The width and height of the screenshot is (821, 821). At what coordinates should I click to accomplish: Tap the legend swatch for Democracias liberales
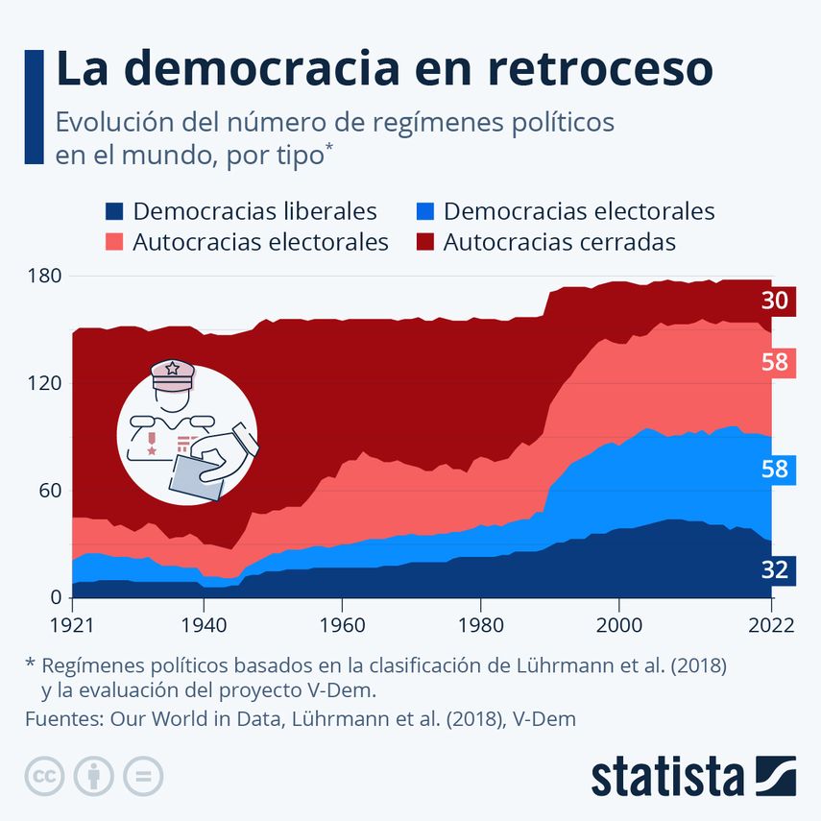point(114,211)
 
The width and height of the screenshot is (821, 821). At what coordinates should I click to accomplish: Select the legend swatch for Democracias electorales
point(424,211)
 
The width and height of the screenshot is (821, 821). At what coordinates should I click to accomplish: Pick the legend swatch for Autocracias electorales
point(114,242)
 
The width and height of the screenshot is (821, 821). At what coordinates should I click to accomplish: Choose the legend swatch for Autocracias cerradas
point(424,242)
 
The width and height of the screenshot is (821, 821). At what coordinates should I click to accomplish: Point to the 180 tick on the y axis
point(43,277)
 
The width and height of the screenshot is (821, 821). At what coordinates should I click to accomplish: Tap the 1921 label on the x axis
point(73,624)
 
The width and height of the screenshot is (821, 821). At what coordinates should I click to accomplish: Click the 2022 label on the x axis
point(770,624)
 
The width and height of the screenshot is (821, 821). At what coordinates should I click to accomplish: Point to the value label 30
point(774,301)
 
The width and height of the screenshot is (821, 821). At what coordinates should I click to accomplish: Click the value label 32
point(774,570)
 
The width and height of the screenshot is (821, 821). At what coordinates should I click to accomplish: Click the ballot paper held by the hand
point(198,476)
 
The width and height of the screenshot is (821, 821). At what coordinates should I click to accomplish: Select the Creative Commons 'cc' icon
point(44,776)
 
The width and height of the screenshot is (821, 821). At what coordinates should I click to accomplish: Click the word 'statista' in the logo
point(666,776)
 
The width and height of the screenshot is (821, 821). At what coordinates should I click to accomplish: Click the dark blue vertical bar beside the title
point(35,106)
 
